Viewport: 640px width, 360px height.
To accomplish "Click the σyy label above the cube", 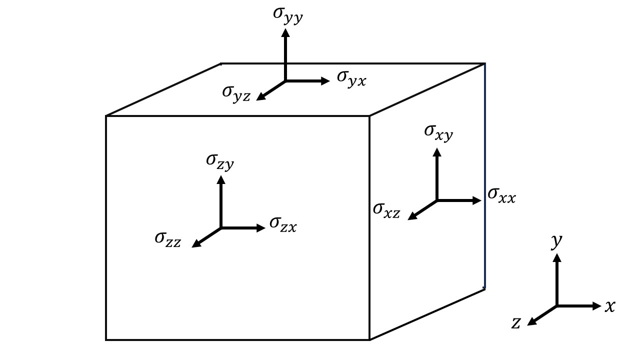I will click(288, 13).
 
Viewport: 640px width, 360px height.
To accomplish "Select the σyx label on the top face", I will click(351, 78).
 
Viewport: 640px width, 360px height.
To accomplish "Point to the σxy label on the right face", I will click(438, 132).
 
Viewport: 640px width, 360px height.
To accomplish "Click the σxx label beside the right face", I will click(501, 195).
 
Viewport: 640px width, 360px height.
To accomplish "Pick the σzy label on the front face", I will click(220, 161).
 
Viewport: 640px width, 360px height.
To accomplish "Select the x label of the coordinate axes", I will click(610, 306).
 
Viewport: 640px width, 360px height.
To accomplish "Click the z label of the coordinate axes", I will click(516, 323).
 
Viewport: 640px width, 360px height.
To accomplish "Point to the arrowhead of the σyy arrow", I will click(285, 32).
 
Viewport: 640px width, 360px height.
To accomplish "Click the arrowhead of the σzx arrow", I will click(261, 228).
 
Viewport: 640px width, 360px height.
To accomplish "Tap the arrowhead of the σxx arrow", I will click(477, 200).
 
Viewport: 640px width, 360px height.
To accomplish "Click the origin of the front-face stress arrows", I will click(221, 228).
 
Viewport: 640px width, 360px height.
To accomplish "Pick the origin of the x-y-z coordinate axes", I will click(556, 305).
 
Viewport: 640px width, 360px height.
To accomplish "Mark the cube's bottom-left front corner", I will click(106, 339).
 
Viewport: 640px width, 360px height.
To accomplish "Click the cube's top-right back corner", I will click(484, 63).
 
